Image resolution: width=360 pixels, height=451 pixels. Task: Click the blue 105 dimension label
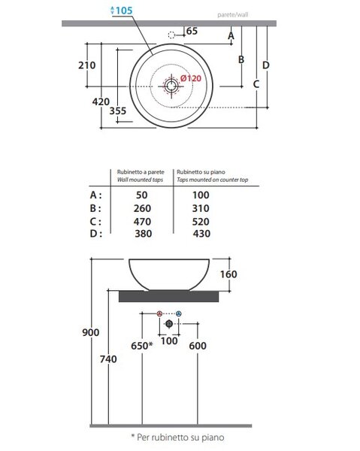(121, 11)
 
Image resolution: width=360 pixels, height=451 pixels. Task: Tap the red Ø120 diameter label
(191, 78)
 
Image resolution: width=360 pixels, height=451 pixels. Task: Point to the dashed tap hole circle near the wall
(171, 35)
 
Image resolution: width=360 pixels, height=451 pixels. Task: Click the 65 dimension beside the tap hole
(192, 31)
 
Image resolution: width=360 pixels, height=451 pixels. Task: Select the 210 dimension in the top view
(87, 65)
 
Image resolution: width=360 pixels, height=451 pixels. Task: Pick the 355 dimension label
(117, 110)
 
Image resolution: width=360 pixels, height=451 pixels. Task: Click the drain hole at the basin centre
(171, 86)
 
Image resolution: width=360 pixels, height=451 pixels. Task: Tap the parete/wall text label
(233, 14)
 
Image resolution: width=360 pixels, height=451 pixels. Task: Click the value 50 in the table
(142, 195)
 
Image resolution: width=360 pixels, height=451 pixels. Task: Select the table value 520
(201, 222)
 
